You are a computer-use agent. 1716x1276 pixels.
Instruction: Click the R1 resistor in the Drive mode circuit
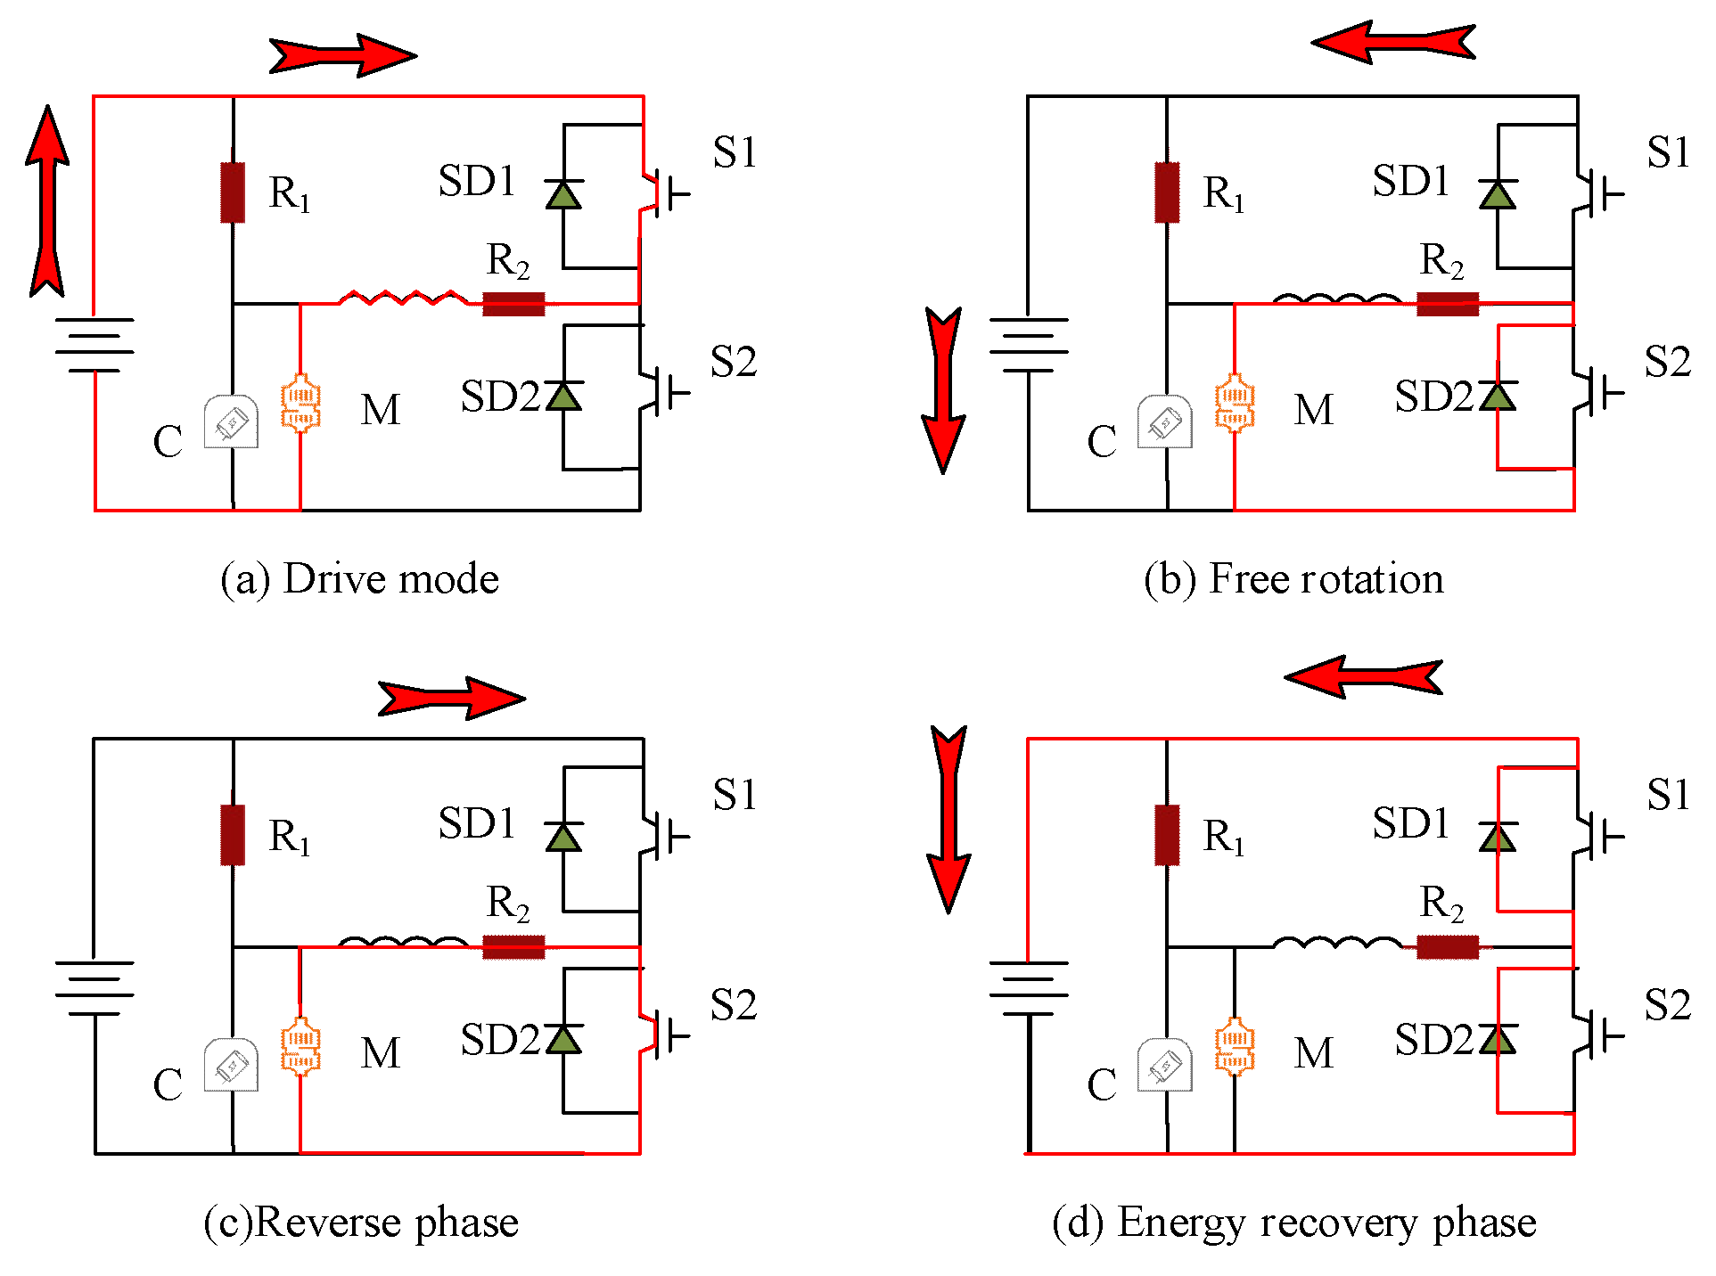click(x=233, y=192)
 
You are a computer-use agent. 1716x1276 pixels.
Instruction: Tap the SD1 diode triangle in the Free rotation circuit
click(x=1498, y=195)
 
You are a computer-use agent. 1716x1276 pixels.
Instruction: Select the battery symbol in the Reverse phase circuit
click(x=94, y=988)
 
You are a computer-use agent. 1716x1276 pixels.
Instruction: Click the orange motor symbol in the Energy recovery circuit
click(x=1235, y=1047)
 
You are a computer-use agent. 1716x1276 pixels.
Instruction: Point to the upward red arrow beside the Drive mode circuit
click(x=47, y=200)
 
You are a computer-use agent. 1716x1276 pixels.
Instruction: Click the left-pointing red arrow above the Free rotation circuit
click(x=1392, y=42)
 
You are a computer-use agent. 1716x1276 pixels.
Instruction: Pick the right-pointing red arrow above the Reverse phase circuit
click(x=451, y=698)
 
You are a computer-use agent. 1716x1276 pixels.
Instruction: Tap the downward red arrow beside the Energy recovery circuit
click(x=948, y=818)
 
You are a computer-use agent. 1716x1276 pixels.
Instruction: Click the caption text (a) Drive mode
click(x=359, y=579)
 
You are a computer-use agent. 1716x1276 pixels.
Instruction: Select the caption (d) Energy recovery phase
click(x=1293, y=1222)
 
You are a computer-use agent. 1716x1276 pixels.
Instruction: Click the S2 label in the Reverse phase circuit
click(x=733, y=1005)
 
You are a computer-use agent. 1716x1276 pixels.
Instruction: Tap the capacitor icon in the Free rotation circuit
click(x=1165, y=421)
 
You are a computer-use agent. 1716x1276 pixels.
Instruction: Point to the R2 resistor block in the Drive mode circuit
click(x=513, y=304)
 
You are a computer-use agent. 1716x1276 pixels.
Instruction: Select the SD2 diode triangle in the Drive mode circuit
click(x=563, y=396)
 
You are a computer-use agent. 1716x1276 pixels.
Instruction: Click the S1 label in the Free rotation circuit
click(x=1668, y=152)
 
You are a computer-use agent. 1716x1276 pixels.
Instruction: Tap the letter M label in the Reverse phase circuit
click(x=381, y=1053)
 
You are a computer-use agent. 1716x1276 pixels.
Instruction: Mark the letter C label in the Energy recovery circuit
click(x=1102, y=1084)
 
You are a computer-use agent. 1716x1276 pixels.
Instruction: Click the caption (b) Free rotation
click(x=1293, y=579)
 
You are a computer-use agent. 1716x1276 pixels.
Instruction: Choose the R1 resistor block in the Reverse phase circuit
click(x=233, y=835)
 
